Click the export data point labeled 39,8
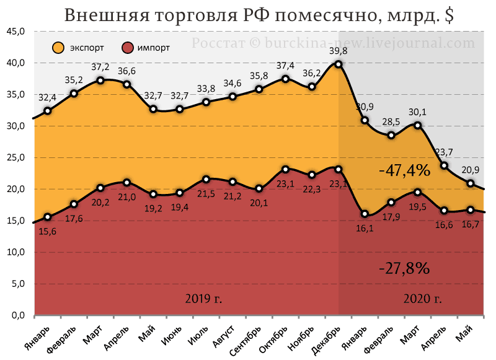[x=339, y=64]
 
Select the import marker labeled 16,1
[x=365, y=214]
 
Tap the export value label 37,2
[x=100, y=67]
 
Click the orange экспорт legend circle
[x=59, y=47]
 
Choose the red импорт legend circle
[x=128, y=47]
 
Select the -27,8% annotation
[x=404, y=268]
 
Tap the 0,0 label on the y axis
[x=16, y=315]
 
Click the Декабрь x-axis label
[x=325, y=338]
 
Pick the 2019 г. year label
[x=203, y=299]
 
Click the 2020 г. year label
[x=423, y=299]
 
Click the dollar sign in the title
[x=448, y=16]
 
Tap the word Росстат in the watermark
[x=218, y=43]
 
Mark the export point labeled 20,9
[x=471, y=183]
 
